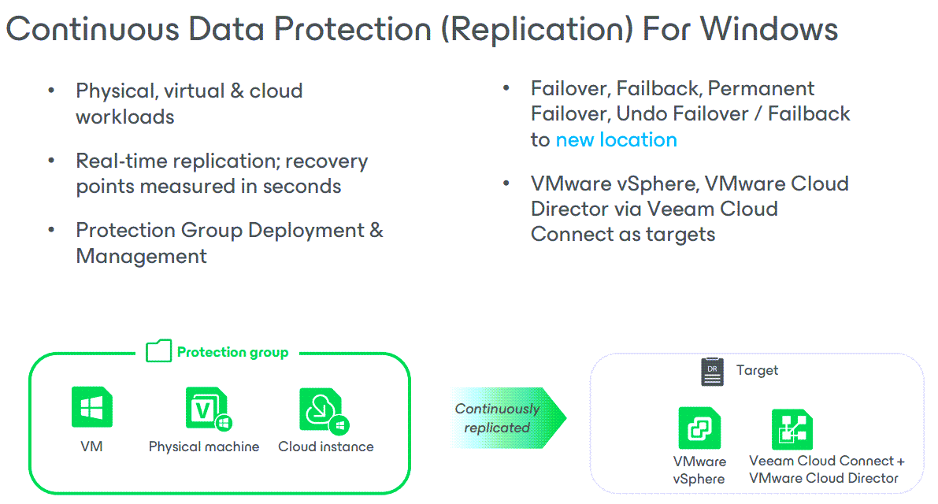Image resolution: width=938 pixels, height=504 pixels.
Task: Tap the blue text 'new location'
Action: pos(616,140)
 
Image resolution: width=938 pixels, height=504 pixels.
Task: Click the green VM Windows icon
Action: pos(91,407)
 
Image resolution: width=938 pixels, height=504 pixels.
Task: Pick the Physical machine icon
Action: pos(206,409)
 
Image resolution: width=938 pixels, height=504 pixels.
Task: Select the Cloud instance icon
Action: pos(323,409)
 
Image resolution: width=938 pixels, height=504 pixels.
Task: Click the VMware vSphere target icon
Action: pos(699,428)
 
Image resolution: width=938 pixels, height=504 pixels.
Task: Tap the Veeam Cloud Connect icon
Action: pos(792,429)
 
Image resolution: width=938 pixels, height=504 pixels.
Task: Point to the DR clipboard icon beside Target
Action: pos(712,372)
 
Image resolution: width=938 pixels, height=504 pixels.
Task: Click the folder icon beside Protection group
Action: pos(158,351)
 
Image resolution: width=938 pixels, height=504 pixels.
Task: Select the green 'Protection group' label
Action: pos(232,352)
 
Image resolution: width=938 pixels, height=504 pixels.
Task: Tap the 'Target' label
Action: pos(757,370)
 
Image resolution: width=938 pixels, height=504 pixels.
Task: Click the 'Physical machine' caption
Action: pos(204,447)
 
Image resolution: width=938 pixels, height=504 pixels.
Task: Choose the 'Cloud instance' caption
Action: pos(325,447)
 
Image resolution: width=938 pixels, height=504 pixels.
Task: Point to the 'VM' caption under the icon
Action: pos(91,447)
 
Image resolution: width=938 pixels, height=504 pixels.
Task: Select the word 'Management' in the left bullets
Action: pos(141,257)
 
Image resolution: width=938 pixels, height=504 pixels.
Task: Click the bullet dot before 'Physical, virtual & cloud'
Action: pos(51,91)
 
